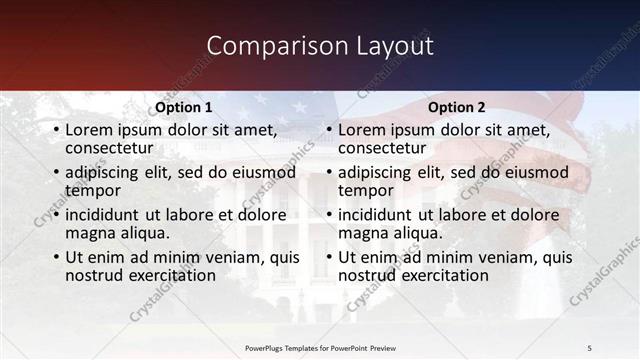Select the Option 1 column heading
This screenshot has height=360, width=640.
(185, 107)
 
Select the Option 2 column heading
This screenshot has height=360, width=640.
(457, 107)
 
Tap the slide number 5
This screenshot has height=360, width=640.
(589, 347)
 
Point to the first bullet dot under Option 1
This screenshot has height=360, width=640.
(56, 130)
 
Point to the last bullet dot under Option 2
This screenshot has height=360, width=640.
(329, 257)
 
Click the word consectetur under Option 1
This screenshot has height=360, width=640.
(109, 148)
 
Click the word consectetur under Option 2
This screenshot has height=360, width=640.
(382, 148)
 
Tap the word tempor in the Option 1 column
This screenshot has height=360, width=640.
(93, 190)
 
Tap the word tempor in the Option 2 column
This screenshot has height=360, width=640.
(366, 190)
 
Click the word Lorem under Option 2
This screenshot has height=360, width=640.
(360, 130)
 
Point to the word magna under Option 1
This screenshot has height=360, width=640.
(87, 233)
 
